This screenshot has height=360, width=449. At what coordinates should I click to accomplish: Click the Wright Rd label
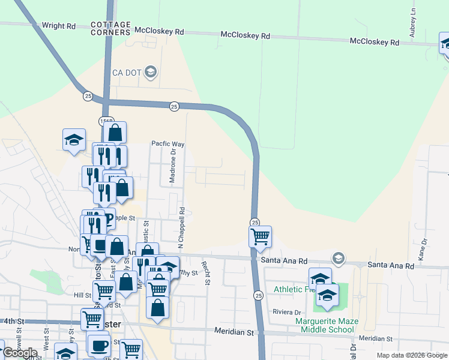click(x=59, y=26)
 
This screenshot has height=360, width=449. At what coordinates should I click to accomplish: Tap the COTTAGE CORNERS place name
click(x=110, y=28)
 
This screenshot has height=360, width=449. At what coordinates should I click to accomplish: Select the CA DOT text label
click(x=127, y=73)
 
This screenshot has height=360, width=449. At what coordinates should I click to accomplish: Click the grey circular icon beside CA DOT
click(x=151, y=73)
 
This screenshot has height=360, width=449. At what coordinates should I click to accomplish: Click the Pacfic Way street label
click(x=167, y=144)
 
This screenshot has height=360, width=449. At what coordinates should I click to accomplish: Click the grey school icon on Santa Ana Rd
click(x=339, y=258)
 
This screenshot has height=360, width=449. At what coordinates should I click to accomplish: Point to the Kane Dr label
click(x=423, y=248)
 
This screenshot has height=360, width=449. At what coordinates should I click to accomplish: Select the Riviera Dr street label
click(x=286, y=313)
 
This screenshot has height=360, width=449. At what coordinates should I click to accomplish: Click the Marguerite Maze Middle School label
click(x=325, y=325)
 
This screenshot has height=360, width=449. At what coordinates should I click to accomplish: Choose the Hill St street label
click(x=82, y=295)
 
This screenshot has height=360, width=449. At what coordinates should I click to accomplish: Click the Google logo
click(x=20, y=353)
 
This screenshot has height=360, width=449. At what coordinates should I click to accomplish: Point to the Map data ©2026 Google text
click(x=411, y=355)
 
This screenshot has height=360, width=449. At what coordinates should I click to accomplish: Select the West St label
click(x=46, y=335)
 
